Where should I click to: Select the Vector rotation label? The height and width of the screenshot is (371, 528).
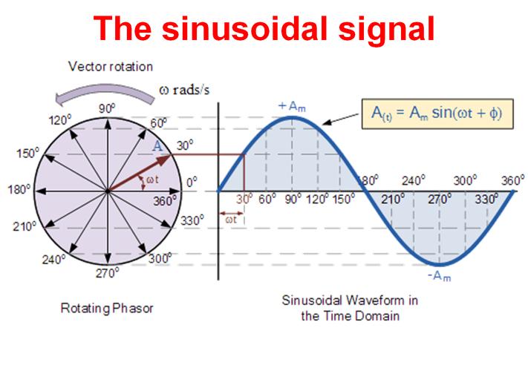pos(111,67)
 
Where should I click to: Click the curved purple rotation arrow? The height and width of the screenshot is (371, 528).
pos(105,93)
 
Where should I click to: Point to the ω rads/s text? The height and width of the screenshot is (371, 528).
pos(184,90)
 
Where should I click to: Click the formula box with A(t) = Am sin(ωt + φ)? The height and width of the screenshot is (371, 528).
pos(437,114)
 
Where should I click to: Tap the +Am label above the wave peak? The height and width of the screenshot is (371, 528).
pos(292,106)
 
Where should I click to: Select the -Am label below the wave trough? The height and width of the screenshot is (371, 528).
pos(439,276)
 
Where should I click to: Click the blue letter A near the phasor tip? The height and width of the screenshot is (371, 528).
pos(157,146)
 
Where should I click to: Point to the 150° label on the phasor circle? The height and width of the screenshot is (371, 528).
pos(28,153)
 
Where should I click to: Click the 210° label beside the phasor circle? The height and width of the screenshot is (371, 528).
pos(25,226)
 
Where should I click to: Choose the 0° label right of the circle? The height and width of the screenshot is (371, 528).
pos(192,183)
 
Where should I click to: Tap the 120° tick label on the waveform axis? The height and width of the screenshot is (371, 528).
pos(318,199)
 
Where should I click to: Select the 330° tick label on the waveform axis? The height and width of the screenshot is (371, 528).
pos(486,199)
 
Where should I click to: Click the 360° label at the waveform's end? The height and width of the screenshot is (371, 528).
pos(513,180)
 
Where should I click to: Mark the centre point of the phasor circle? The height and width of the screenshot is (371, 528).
pos(108,191)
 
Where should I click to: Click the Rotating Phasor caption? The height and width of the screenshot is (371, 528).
pos(107,308)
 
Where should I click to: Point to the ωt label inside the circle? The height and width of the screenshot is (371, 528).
pos(152,180)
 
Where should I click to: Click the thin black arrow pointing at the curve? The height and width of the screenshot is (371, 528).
pos(340,119)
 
